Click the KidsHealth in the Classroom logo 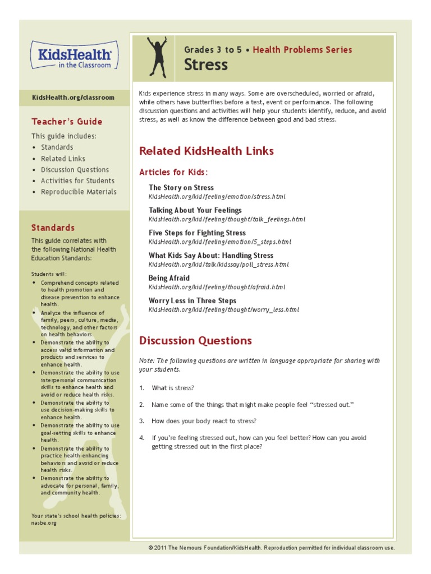click(x=75, y=55)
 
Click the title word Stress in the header click(x=206, y=65)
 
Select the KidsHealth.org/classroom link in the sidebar click(x=73, y=98)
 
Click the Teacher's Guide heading click(x=67, y=122)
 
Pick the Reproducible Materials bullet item click(x=79, y=192)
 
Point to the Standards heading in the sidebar click(x=53, y=228)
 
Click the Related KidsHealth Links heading click(x=206, y=151)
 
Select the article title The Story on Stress click(x=181, y=188)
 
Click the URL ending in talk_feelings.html click(x=227, y=219)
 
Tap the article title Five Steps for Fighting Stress click(x=197, y=233)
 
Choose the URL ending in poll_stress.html click(x=218, y=264)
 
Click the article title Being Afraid click(x=169, y=278)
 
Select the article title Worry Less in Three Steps click(x=192, y=301)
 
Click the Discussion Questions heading click(x=195, y=341)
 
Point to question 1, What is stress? click(x=173, y=388)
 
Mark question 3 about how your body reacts click(x=204, y=421)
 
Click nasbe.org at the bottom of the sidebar click(x=44, y=522)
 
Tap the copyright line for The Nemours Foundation click(x=271, y=548)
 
